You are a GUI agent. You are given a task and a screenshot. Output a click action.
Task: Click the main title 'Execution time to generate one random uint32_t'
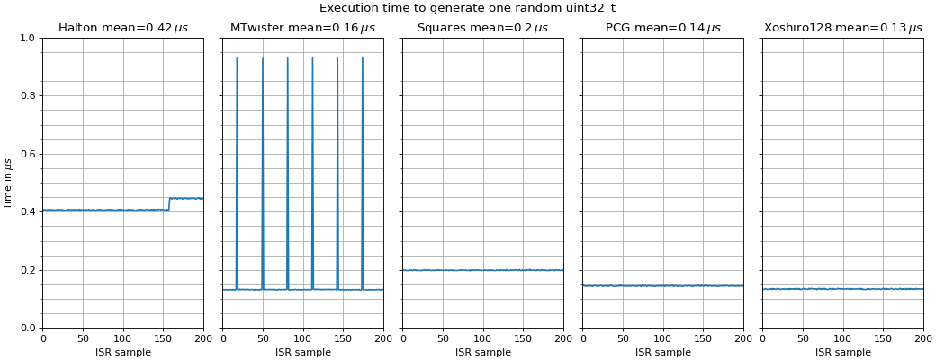467,8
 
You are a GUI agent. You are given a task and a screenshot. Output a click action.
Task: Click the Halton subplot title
123,28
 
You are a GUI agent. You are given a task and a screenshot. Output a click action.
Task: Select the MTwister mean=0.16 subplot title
302,28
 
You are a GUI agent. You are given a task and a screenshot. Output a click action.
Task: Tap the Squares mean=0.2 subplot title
482,28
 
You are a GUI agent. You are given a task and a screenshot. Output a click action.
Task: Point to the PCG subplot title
662,28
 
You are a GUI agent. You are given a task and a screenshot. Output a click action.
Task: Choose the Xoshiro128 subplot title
842,28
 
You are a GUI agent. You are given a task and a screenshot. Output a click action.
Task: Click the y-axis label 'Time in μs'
8,184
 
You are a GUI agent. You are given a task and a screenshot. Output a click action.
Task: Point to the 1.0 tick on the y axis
27,38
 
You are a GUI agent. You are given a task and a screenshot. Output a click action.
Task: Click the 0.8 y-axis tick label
27,96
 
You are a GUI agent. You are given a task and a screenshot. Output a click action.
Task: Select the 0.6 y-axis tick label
27,154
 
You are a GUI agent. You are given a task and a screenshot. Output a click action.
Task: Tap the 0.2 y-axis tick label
27,270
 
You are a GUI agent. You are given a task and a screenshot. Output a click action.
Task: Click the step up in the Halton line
169,203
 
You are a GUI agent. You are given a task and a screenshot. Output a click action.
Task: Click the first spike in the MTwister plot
237,59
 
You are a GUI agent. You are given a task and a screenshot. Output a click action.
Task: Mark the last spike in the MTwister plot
363,59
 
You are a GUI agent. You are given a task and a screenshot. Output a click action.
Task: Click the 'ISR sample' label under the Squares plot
482,352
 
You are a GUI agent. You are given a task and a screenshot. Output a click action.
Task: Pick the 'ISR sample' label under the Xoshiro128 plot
842,352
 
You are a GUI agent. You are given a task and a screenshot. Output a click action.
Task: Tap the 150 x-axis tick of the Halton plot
163,339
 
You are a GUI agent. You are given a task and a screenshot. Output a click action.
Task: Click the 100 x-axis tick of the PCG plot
662,339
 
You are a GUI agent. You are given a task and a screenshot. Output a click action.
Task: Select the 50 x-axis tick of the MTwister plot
263,339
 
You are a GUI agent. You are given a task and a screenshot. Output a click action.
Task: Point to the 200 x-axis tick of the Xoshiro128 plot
923,339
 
